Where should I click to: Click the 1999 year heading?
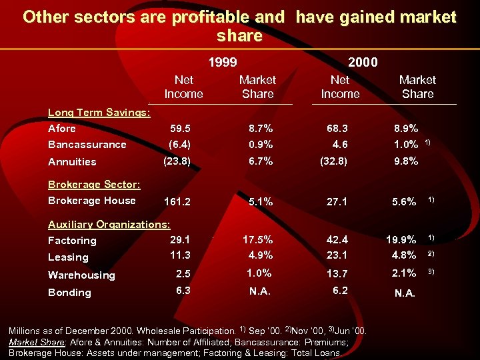coord(222,62)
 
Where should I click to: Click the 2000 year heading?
coord(363,62)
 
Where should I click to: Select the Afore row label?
coord(62,128)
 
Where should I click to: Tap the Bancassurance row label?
coord(87,145)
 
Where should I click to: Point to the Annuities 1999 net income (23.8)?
coord(177,161)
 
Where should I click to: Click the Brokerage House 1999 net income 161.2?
coord(177,201)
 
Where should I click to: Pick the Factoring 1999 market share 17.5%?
coord(258,239)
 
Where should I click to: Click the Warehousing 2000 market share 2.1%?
coord(404,272)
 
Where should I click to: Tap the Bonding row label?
coord(69,292)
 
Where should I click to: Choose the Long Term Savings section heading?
coord(99,112)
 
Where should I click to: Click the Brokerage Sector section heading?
coord(94,184)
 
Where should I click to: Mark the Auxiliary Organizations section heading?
coord(109,224)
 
